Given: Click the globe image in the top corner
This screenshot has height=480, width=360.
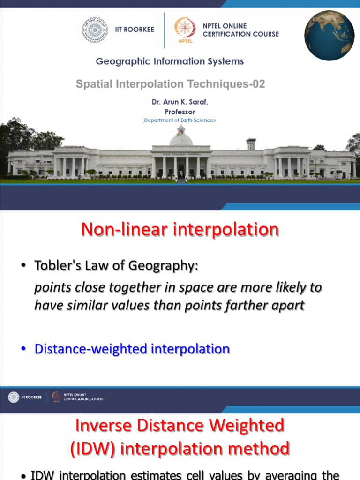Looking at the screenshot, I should click(330, 36).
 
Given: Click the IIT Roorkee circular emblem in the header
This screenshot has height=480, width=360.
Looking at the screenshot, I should click(95, 30).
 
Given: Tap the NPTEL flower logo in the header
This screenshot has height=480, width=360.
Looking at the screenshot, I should click(185, 29).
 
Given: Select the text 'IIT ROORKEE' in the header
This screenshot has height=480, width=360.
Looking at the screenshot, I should click(135, 30).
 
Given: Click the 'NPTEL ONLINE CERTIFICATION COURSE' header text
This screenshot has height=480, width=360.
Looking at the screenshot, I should click(240, 30).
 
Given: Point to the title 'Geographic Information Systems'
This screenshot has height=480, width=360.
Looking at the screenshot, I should click(170, 61).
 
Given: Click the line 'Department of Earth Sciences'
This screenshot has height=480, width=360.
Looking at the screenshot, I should click(180, 120).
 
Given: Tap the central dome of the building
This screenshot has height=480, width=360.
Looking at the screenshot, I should click(181, 137).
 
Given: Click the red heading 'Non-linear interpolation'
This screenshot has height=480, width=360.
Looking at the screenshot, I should click(180, 230).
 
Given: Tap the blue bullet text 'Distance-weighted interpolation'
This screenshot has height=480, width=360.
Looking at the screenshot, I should click(132, 349).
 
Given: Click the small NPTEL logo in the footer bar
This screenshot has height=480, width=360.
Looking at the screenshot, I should click(57, 397).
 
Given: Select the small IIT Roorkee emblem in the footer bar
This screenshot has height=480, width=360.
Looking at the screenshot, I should click(14, 397).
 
